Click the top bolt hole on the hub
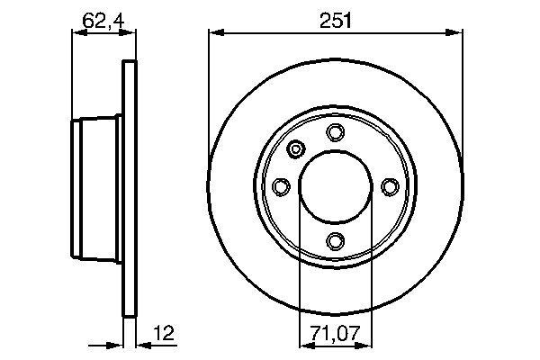pos(335,133)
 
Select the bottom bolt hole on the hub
pos(335,240)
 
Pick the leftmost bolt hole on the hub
pos(281,186)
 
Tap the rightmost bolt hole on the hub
pos(389,186)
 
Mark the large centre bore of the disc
pos(335,186)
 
